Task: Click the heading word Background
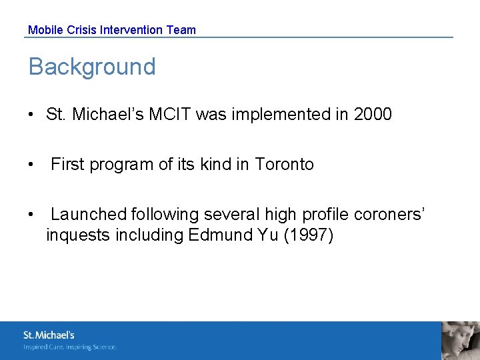point(92,67)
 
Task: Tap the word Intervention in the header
point(131,30)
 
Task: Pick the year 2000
point(373,115)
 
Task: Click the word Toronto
point(284,165)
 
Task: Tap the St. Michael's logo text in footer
point(49,335)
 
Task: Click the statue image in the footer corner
point(461,341)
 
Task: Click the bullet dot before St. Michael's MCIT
point(31,115)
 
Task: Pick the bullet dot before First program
point(31,165)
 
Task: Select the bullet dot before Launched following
point(31,215)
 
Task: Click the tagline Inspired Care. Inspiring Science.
point(70,347)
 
